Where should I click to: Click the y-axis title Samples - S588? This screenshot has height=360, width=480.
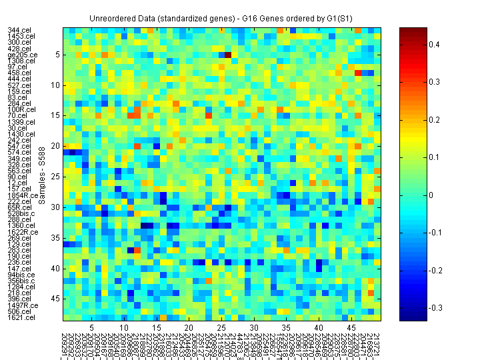point(41,175)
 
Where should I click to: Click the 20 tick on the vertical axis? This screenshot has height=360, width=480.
point(57,146)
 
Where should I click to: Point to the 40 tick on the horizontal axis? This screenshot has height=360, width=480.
point(319,329)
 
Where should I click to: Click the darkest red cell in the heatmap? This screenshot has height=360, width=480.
point(228,55)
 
